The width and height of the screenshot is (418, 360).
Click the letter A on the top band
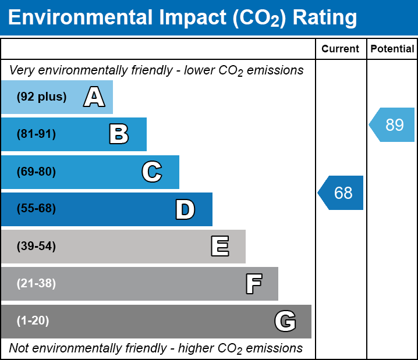pyautogui.click(x=94, y=97)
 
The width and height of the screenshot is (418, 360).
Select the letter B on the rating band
pyautogui.click(x=119, y=134)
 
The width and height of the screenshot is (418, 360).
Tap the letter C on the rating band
pyautogui.click(x=152, y=172)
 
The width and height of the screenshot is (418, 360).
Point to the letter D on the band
pyautogui.click(x=185, y=209)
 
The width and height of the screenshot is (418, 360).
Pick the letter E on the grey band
pyautogui.click(x=219, y=247)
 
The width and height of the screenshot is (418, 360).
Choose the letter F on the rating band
pyautogui.click(x=253, y=284)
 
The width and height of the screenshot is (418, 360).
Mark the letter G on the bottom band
pyautogui.click(x=285, y=321)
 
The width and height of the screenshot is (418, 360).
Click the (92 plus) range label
pyautogui.click(x=41, y=97)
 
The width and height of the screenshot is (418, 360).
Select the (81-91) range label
pyautogui.click(x=36, y=134)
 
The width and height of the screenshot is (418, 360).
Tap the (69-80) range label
pyautogui.click(x=36, y=172)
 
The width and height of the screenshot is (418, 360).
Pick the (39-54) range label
pyautogui.click(x=36, y=247)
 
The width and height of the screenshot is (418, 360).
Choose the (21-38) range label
pyautogui.click(x=36, y=284)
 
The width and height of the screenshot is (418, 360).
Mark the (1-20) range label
pyautogui.click(x=33, y=321)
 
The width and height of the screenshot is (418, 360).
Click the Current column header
pyautogui.click(x=341, y=49)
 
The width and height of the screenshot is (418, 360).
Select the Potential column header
pyautogui.click(x=392, y=49)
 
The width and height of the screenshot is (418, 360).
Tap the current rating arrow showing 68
pyautogui.click(x=341, y=193)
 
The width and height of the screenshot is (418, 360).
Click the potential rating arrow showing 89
pyautogui.click(x=392, y=124)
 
